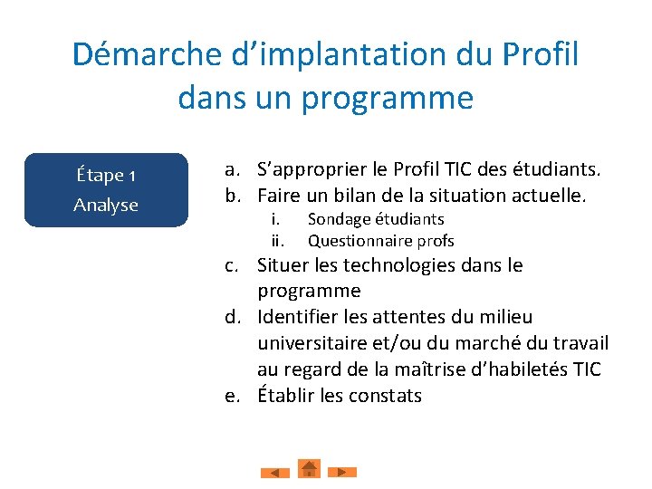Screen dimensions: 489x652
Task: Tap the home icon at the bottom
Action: (309, 468)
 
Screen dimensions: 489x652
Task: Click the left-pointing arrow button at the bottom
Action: (275, 472)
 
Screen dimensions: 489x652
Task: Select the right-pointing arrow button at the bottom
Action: (341, 472)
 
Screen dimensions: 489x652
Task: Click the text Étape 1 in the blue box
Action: (106, 174)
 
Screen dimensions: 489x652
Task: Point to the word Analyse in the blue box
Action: (106, 205)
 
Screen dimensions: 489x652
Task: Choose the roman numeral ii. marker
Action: (278, 241)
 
